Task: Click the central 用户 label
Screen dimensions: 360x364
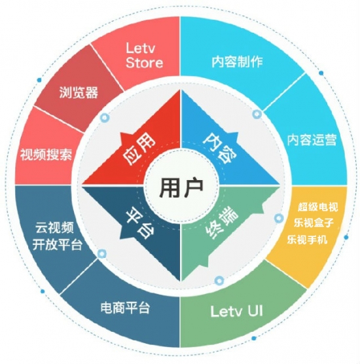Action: tap(181, 188)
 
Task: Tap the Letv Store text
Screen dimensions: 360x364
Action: tap(144, 55)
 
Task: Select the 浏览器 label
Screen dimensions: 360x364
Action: tap(79, 92)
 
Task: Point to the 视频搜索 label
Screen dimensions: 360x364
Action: tap(46, 155)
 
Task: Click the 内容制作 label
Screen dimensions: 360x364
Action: tap(237, 62)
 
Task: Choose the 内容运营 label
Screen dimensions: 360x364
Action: tap(312, 139)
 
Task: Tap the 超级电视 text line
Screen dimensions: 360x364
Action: tap(317, 207)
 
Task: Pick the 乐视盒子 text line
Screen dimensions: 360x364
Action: tap(314, 223)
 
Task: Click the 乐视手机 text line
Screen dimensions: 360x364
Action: tap(308, 240)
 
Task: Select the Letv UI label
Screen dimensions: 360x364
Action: tap(236, 311)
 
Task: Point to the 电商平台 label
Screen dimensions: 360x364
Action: tap(125, 308)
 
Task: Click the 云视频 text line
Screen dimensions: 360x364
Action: tap(54, 228)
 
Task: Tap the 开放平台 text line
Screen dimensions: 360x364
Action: tap(57, 244)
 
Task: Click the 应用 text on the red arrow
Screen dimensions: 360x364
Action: tap(139, 150)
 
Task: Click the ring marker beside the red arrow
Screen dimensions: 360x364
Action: tap(105, 118)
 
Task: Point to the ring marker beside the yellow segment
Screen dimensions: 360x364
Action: tap(279, 218)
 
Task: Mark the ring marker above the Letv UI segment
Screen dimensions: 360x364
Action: tap(219, 280)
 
